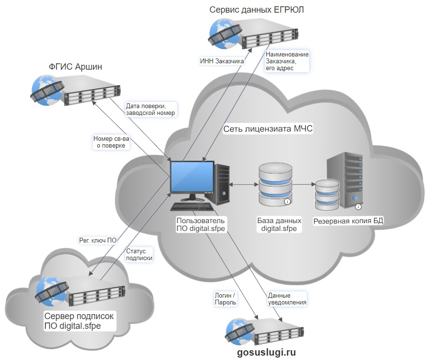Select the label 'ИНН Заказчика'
click(x=222, y=61)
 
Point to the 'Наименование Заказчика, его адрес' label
click(x=287, y=61)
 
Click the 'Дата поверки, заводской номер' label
click(x=150, y=109)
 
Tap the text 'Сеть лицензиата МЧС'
click(x=268, y=129)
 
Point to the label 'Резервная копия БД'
click(x=348, y=221)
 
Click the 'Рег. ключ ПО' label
click(x=98, y=240)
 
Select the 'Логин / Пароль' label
click(x=225, y=299)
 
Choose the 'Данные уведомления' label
click(x=287, y=299)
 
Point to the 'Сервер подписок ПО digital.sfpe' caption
click(x=79, y=321)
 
